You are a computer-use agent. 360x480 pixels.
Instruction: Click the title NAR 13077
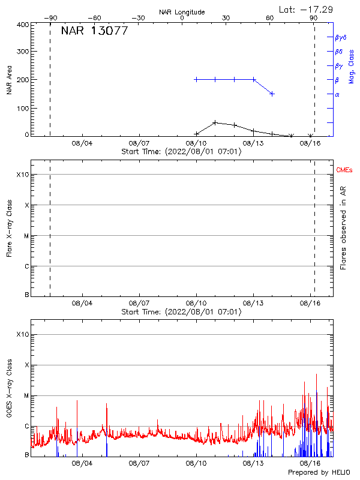coord(94,31)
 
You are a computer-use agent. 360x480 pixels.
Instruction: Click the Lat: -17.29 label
coord(306,9)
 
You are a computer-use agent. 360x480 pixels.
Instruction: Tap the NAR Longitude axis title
coord(182,12)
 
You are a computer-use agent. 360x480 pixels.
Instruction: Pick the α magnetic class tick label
coord(337,94)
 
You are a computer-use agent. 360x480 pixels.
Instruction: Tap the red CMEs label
coord(345,171)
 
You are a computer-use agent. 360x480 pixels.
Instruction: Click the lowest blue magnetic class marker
coord(272,94)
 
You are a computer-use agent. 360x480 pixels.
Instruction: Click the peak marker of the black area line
coord(215,122)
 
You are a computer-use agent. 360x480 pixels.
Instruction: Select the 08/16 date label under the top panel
coord(310,144)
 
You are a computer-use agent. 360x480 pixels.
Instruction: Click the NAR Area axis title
coord(9,80)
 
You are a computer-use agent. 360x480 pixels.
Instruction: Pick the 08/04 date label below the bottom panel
coord(82,464)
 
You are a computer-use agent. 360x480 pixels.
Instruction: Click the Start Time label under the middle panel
coord(181,312)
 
